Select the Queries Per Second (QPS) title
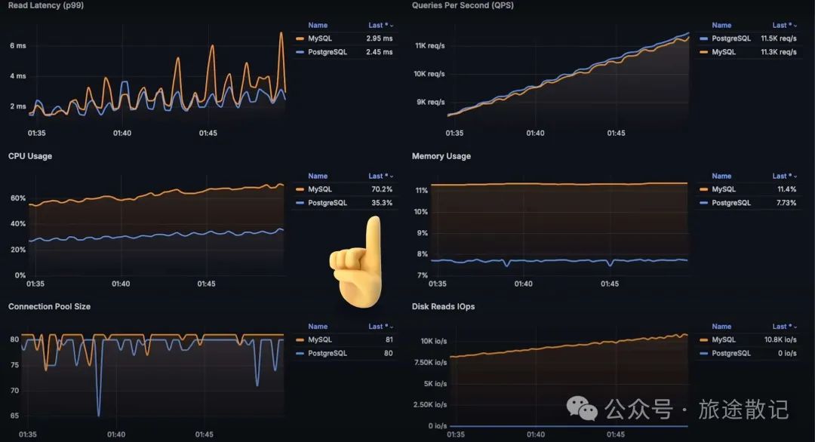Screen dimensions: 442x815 [463, 5]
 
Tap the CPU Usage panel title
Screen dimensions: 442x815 [30, 156]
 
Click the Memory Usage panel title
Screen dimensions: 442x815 [441, 156]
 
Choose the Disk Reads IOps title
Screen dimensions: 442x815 [443, 307]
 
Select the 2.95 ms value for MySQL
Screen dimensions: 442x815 [380, 38]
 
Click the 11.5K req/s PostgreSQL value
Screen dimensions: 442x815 [779, 38]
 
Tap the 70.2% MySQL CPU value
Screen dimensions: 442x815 [382, 189]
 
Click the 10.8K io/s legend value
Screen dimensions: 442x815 [780, 340]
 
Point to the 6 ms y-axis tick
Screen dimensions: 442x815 [17, 46]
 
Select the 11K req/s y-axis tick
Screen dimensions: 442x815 [429, 46]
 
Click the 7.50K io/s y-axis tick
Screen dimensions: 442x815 [431, 362]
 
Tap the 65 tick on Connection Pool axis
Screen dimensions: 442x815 [14, 416]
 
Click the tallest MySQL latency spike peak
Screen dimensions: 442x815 [281, 33]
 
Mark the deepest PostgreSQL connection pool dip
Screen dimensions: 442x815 [98, 415]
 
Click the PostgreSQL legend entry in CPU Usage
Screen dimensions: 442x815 [328, 203]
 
